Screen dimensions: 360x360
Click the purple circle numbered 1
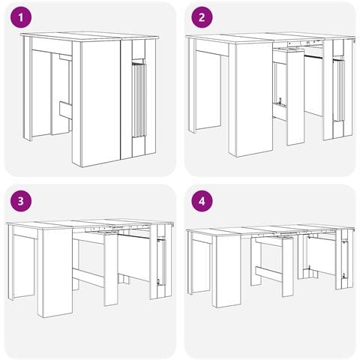coord(21,17)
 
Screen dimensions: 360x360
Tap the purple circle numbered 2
coord(202,17)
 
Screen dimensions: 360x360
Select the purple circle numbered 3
coord(21,201)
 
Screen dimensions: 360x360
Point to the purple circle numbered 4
coord(202,201)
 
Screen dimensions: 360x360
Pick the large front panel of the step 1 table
coord(101,103)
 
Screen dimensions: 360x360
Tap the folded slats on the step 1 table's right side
coord(139,100)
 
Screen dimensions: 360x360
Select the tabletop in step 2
coord(271,38)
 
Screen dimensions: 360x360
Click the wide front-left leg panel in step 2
coord(253,100)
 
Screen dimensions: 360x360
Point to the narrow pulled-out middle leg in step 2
coord(295,97)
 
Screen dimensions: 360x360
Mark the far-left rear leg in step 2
coord(192,85)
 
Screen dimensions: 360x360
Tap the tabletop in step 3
coord(90,224)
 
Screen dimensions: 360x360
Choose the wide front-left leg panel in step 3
coord(58,273)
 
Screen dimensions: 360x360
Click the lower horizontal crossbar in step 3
coord(88,278)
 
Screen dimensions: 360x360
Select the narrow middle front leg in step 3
coord(111,270)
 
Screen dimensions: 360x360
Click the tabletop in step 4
coord(271,230)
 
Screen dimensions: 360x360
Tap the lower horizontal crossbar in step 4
coord(268,274)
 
